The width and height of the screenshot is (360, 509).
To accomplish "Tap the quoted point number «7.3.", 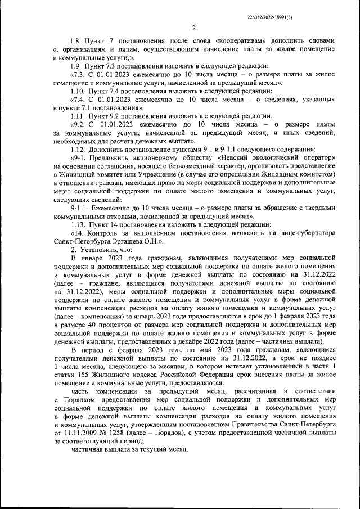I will tap(80, 74).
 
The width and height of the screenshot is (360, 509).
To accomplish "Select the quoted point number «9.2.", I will tap(80, 124).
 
